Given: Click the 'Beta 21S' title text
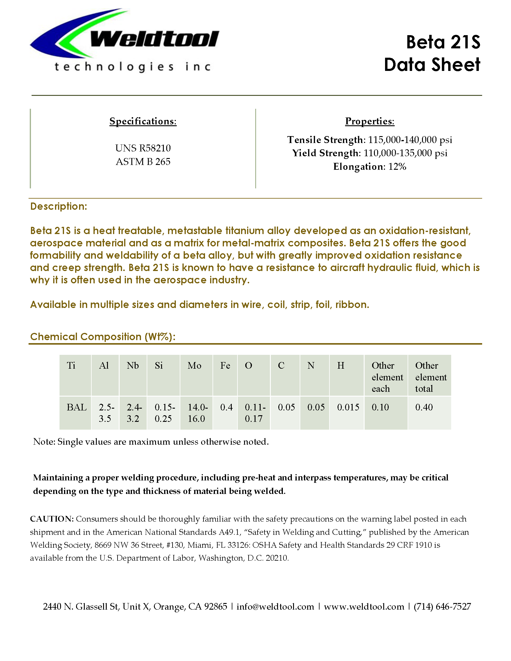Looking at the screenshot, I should [x=443, y=42].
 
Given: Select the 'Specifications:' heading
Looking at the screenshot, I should [x=143, y=121].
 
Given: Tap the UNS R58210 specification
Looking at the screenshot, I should [x=143, y=148].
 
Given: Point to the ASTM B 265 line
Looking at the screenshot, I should [x=143, y=162].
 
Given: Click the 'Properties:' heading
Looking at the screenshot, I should [x=370, y=121].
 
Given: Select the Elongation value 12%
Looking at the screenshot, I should [x=397, y=166].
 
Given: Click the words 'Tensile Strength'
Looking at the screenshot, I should [x=325, y=140].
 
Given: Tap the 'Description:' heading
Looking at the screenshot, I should [x=59, y=206].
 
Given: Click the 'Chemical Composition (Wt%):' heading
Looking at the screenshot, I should [x=103, y=337].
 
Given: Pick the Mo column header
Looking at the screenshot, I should [x=194, y=366].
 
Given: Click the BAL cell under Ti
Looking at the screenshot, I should [x=77, y=407].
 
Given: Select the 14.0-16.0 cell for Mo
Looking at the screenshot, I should [x=197, y=413].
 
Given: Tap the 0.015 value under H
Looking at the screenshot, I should [x=348, y=407].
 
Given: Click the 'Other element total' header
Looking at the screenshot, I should [x=430, y=377].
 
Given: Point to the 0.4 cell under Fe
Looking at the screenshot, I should [x=226, y=407].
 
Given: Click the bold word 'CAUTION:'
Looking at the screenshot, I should [x=52, y=519].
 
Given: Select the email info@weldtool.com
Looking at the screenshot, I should [x=275, y=607].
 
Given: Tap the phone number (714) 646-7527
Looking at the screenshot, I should [x=442, y=607].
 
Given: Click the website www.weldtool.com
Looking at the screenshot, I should [x=364, y=607].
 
